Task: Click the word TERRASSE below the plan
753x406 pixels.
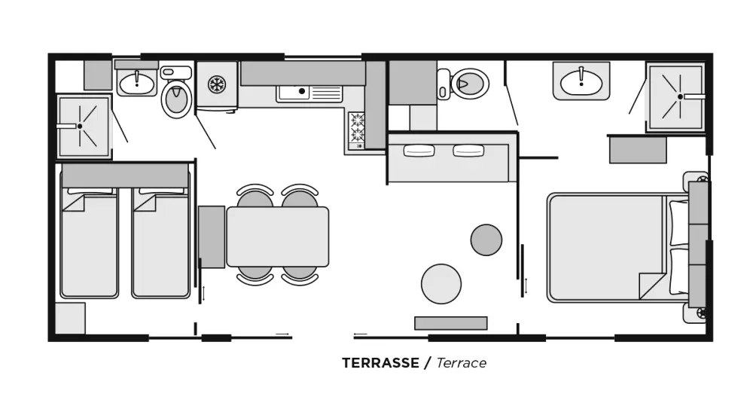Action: pos(380,363)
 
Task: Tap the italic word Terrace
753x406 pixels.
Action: pos(461,363)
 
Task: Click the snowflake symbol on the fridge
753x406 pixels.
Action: pos(217,84)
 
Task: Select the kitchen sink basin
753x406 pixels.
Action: pos(294,92)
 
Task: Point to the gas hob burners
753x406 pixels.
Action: pos(356,127)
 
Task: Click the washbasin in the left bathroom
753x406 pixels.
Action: pos(137,84)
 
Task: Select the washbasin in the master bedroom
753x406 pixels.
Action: pos(581,81)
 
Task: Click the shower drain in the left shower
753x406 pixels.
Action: pos(80,127)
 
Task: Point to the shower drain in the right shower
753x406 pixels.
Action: pos(680,96)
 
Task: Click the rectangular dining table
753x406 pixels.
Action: pos(278,237)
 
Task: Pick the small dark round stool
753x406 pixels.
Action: pos(486,240)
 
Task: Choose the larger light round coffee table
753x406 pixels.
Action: pos(441,284)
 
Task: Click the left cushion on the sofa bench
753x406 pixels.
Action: pos(419,151)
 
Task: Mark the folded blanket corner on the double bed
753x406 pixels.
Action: pos(651,286)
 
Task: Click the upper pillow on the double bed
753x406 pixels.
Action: pos(678,223)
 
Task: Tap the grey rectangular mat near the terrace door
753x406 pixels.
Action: pos(451,323)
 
